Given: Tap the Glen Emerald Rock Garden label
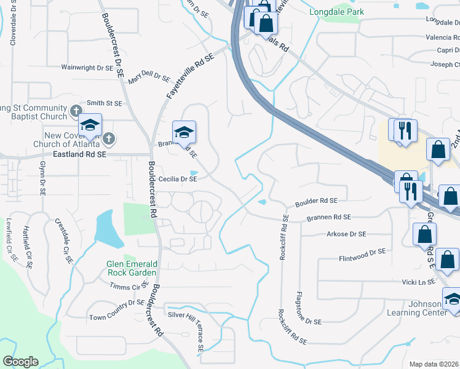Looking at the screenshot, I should click(132, 268).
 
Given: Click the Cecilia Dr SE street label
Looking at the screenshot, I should click(178, 179).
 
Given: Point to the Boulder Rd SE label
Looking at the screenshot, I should click(317, 201).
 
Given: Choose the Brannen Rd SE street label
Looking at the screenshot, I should click(329, 217).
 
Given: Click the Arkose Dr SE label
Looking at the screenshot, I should click(346, 234).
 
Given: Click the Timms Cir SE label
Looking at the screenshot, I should click(127, 287).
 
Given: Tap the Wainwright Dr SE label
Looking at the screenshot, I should click(87, 68).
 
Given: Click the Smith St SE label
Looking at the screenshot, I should click(105, 103).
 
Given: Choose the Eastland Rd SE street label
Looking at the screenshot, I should click(79, 154).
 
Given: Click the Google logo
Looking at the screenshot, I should click(20, 362).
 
